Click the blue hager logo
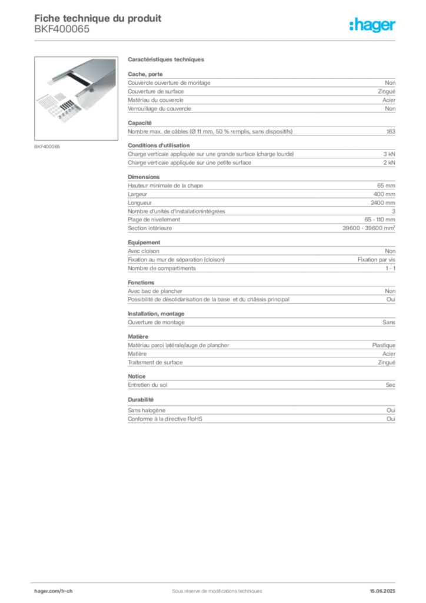point(372,25)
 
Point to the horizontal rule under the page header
point(216,39)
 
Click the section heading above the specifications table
point(166,61)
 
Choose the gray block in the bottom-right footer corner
point(386,587)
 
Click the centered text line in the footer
point(212,587)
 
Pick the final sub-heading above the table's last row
point(137,400)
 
